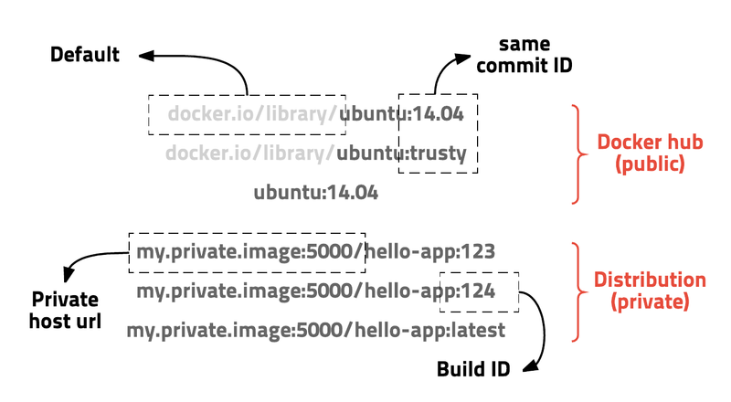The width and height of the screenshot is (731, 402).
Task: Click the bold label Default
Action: click(84, 55)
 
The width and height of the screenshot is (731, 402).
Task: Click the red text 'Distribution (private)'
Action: click(650, 290)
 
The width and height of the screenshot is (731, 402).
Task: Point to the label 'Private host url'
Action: click(66, 310)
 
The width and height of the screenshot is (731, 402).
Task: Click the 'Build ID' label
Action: click(472, 369)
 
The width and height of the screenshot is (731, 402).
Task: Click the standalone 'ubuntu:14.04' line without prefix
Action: click(315, 193)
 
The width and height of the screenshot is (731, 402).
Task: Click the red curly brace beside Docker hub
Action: click(577, 153)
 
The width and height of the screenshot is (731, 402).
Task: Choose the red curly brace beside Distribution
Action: click(577, 291)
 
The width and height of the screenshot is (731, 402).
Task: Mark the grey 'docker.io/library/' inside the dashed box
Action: click(253, 114)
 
